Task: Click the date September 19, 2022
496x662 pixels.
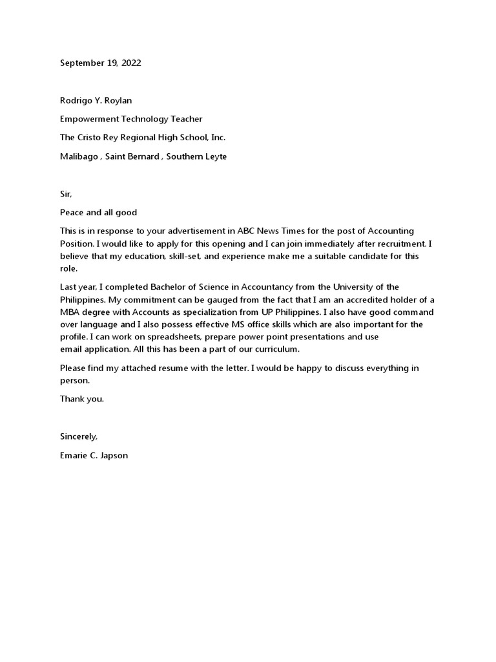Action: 100,63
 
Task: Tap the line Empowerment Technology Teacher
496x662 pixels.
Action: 131,119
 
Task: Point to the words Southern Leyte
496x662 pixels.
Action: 196,156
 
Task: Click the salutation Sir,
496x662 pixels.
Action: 67,194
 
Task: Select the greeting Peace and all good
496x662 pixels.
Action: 99,213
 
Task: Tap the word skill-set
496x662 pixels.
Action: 188,256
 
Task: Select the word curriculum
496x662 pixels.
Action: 273,349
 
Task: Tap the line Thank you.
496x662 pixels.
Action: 82,399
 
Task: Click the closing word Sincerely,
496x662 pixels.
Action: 79,436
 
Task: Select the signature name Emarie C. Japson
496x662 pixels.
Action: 94,455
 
